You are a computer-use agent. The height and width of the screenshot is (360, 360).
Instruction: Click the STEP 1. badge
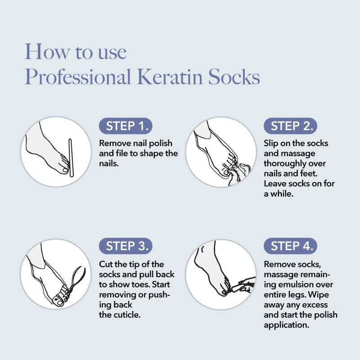tap(126, 126)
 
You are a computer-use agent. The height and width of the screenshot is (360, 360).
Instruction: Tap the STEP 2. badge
tap(290, 126)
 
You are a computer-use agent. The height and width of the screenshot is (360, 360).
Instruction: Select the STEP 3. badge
tap(126, 246)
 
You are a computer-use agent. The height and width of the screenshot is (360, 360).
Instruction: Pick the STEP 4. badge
tap(290, 246)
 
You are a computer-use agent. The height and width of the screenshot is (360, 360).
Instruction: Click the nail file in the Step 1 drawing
tap(71, 158)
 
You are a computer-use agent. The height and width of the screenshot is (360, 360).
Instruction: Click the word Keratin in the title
tap(170, 76)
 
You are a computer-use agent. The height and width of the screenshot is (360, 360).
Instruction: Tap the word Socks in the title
tap(234, 76)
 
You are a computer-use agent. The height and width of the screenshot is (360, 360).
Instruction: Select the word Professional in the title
tap(78, 76)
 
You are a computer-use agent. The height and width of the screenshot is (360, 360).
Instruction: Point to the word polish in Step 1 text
tap(161, 144)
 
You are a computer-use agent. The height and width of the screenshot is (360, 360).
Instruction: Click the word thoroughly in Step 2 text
tap(283, 164)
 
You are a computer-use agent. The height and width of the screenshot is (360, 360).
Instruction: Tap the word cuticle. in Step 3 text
tap(120, 315)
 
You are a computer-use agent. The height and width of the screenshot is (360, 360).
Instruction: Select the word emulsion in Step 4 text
tap(305, 284)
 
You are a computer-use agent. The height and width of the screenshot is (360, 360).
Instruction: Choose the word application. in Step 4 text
tap(287, 325)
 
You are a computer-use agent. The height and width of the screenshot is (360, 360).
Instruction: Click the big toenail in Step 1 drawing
tap(65, 170)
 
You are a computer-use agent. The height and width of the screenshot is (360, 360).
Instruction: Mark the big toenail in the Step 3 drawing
tap(59, 303)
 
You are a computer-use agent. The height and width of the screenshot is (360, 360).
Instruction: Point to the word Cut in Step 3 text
tap(106, 264)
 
